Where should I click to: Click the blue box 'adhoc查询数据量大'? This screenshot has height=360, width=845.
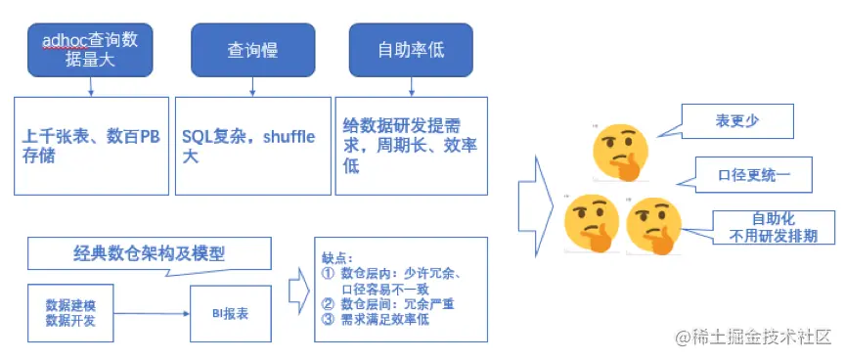coord(90,50)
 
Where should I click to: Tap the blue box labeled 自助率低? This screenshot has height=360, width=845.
coord(410,50)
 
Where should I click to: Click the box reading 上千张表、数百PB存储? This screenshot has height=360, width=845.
coord(91,145)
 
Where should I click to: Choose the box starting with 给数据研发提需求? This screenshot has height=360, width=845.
coord(411,145)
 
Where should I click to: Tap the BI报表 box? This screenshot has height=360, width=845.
coord(230,314)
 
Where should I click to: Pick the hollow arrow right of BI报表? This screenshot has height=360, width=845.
coord(298,291)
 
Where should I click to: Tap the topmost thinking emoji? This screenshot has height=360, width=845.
coord(621,151)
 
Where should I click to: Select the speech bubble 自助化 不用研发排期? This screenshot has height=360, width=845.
coord(778,226)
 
